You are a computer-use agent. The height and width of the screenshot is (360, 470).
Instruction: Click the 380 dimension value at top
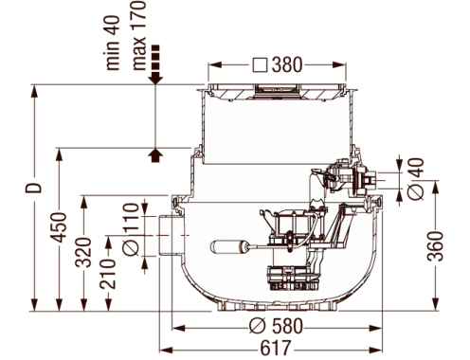coord(287,65)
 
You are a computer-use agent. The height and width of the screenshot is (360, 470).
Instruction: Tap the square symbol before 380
coord(261,65)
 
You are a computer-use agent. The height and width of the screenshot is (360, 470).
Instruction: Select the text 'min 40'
coord(113,43)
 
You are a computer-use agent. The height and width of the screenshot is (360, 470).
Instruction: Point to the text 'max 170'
coord(139,35)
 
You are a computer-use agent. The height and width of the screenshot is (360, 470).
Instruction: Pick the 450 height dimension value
coord(60,227)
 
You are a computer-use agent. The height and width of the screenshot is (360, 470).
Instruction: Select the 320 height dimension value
coord(83,252)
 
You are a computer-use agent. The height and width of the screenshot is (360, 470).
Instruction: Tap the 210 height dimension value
coord(108,274)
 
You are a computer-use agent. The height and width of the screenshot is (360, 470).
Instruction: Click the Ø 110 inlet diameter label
coord(131,229)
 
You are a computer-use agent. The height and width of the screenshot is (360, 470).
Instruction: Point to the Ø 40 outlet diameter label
coord(415,179)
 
